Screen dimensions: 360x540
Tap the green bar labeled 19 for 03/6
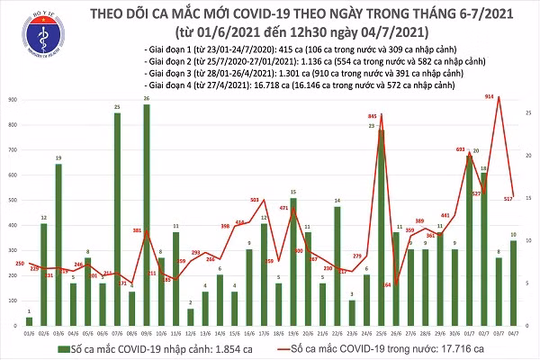coord(58,244)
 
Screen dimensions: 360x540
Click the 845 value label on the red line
coord(372,117)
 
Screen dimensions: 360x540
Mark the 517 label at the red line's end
coord(508,197)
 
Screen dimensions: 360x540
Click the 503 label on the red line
coord(255,200)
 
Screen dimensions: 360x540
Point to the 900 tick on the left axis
coord(14,100)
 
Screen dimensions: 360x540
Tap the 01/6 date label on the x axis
coord(30,331)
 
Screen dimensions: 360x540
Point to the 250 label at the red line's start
coord(19,263)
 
